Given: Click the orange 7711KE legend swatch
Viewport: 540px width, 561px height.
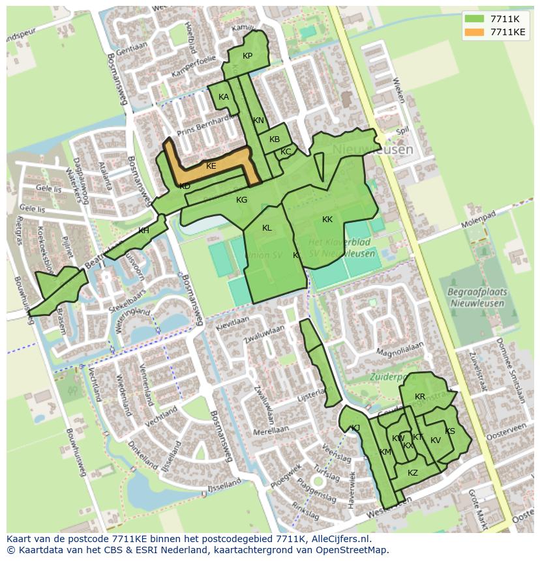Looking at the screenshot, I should pos(475,32).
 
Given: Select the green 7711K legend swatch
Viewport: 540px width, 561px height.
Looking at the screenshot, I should pos(475,19).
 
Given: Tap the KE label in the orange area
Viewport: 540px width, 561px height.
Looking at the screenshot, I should pos(211,166).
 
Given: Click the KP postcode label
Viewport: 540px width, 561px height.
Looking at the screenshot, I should pos(247,56).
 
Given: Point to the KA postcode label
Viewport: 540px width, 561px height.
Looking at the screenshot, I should pos(224,97).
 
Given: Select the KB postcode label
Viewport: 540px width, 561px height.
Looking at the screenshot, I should pos(275,139).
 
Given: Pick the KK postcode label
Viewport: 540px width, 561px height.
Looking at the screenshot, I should pos(327,220).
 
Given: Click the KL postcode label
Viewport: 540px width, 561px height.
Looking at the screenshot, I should pos(267,228).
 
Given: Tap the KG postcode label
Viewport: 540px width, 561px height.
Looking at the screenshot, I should pos(242,200).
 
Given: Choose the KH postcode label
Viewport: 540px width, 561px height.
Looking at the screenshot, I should pos(143,231).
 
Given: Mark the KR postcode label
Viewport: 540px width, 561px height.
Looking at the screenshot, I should pos(420,397).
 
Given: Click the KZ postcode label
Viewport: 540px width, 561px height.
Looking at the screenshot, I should pos(413,473).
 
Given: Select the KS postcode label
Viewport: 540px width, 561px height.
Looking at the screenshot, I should pos(450,431).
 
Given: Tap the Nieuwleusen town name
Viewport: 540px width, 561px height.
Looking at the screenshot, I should pos(372,150).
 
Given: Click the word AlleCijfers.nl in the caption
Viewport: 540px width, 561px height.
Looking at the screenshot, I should pos(338,539).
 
